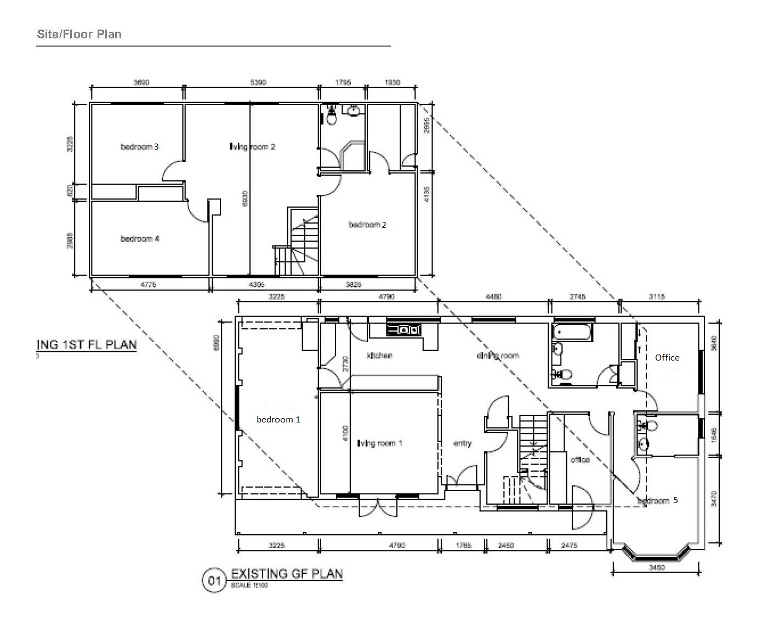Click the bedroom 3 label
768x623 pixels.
pos(140,147)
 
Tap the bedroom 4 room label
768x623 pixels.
pos(140,239)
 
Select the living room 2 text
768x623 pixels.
pos(252,147)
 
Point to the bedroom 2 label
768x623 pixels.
pos(367,225)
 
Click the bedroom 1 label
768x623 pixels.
pos(278,419)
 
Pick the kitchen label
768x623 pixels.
pos(379,356)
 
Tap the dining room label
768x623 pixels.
pos(498,356)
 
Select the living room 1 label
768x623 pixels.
pos(380,443)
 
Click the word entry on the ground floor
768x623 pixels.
pos(463,443)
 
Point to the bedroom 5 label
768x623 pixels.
pos(658,500)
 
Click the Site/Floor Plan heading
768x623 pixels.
pos(79,35)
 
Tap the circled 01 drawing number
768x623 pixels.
pos(214,580)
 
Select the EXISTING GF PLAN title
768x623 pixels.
pos(287,574)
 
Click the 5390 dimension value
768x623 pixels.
pos(258,83)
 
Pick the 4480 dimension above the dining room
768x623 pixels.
pos(494,297)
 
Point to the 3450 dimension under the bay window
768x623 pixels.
pos(657,568)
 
